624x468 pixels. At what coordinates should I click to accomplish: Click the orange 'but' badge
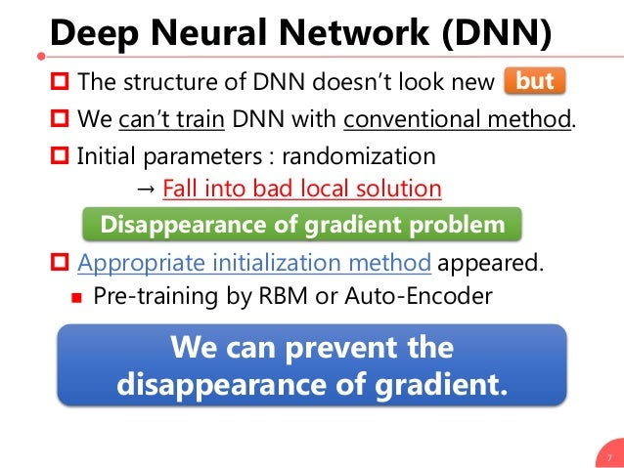click(534, 82)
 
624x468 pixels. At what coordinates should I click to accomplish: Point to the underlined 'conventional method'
click(457, 120)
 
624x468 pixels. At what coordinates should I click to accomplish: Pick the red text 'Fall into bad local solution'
click(302, 188)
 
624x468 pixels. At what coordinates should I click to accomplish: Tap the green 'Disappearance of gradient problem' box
click(303, 225)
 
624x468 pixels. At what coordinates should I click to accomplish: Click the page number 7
click(608, 455)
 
